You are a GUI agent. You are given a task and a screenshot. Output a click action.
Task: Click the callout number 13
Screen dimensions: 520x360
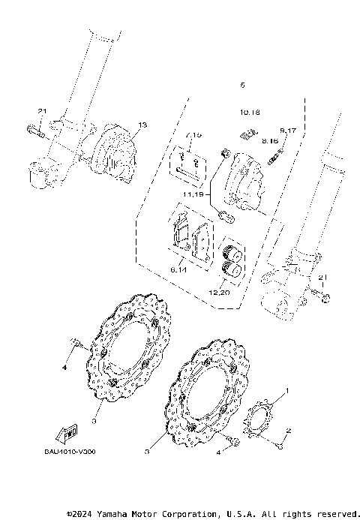(x=142, y=124)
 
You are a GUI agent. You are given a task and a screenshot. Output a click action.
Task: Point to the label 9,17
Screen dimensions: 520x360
(x=288, y=131)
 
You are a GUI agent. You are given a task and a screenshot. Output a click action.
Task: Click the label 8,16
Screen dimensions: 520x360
(x=270, y=140)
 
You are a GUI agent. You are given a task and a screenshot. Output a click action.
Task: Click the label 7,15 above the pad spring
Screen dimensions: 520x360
(x=194, y=134)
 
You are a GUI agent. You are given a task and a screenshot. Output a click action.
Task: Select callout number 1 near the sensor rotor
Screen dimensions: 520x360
(x=286, y=392)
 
